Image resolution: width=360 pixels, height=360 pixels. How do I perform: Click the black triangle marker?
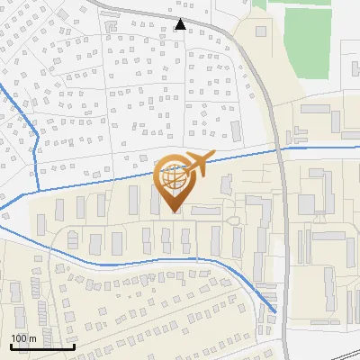point(181,24)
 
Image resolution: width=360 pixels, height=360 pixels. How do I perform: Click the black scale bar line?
point(42,346)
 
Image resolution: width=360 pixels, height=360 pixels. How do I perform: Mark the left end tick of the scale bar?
point(11,345)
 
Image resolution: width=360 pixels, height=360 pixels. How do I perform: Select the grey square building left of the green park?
point(261,31)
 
